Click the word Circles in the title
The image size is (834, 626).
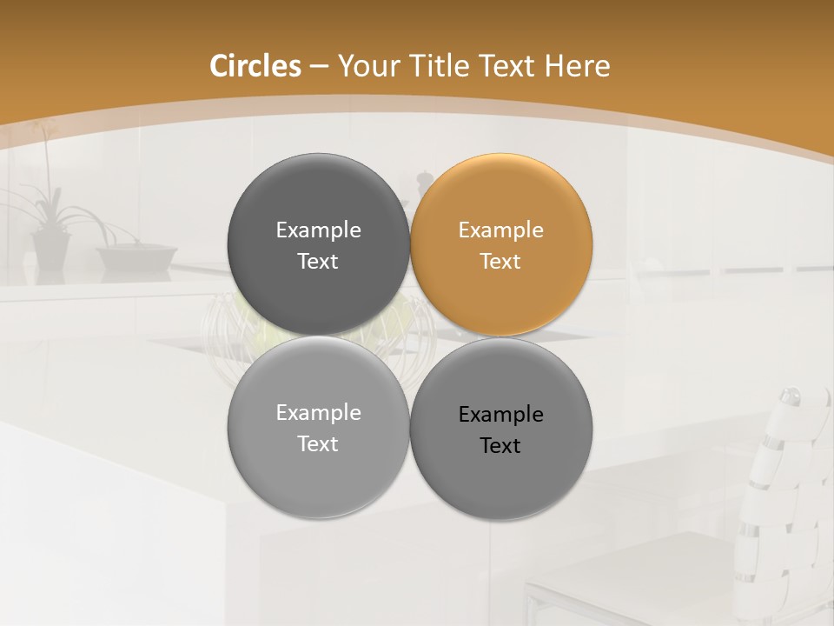click(x=255, y=66)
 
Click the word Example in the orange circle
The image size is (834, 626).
click(x=500, y=230)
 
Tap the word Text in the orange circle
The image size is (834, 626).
click(x=500, y=262)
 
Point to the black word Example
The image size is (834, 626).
click(x=500, y=415)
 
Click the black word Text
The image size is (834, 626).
click(x=500, y=446)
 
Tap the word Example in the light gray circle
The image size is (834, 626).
click(x=318, y=413)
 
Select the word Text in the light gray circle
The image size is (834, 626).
click(x=318, y=444)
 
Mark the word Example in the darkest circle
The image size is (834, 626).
click(x=318, y=230)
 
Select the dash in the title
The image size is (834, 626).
click(x=319, y=67)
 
